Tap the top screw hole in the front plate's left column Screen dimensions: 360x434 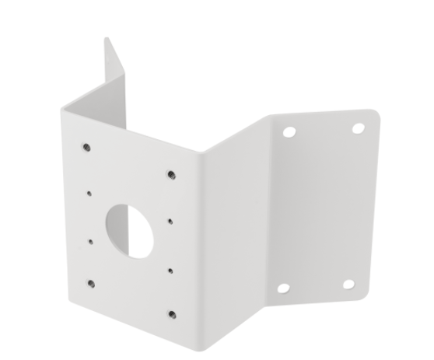point(85,144)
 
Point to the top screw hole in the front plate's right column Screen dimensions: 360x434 point(170,175)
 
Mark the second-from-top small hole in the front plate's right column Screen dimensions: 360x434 point(170,221)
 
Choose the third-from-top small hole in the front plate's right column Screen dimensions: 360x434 point(170,271)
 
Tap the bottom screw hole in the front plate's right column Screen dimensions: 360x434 point(171,314)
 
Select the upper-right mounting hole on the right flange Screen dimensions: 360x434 point(359,127)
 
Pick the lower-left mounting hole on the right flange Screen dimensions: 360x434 point(284,288)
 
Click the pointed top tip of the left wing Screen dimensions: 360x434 point(106,37)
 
